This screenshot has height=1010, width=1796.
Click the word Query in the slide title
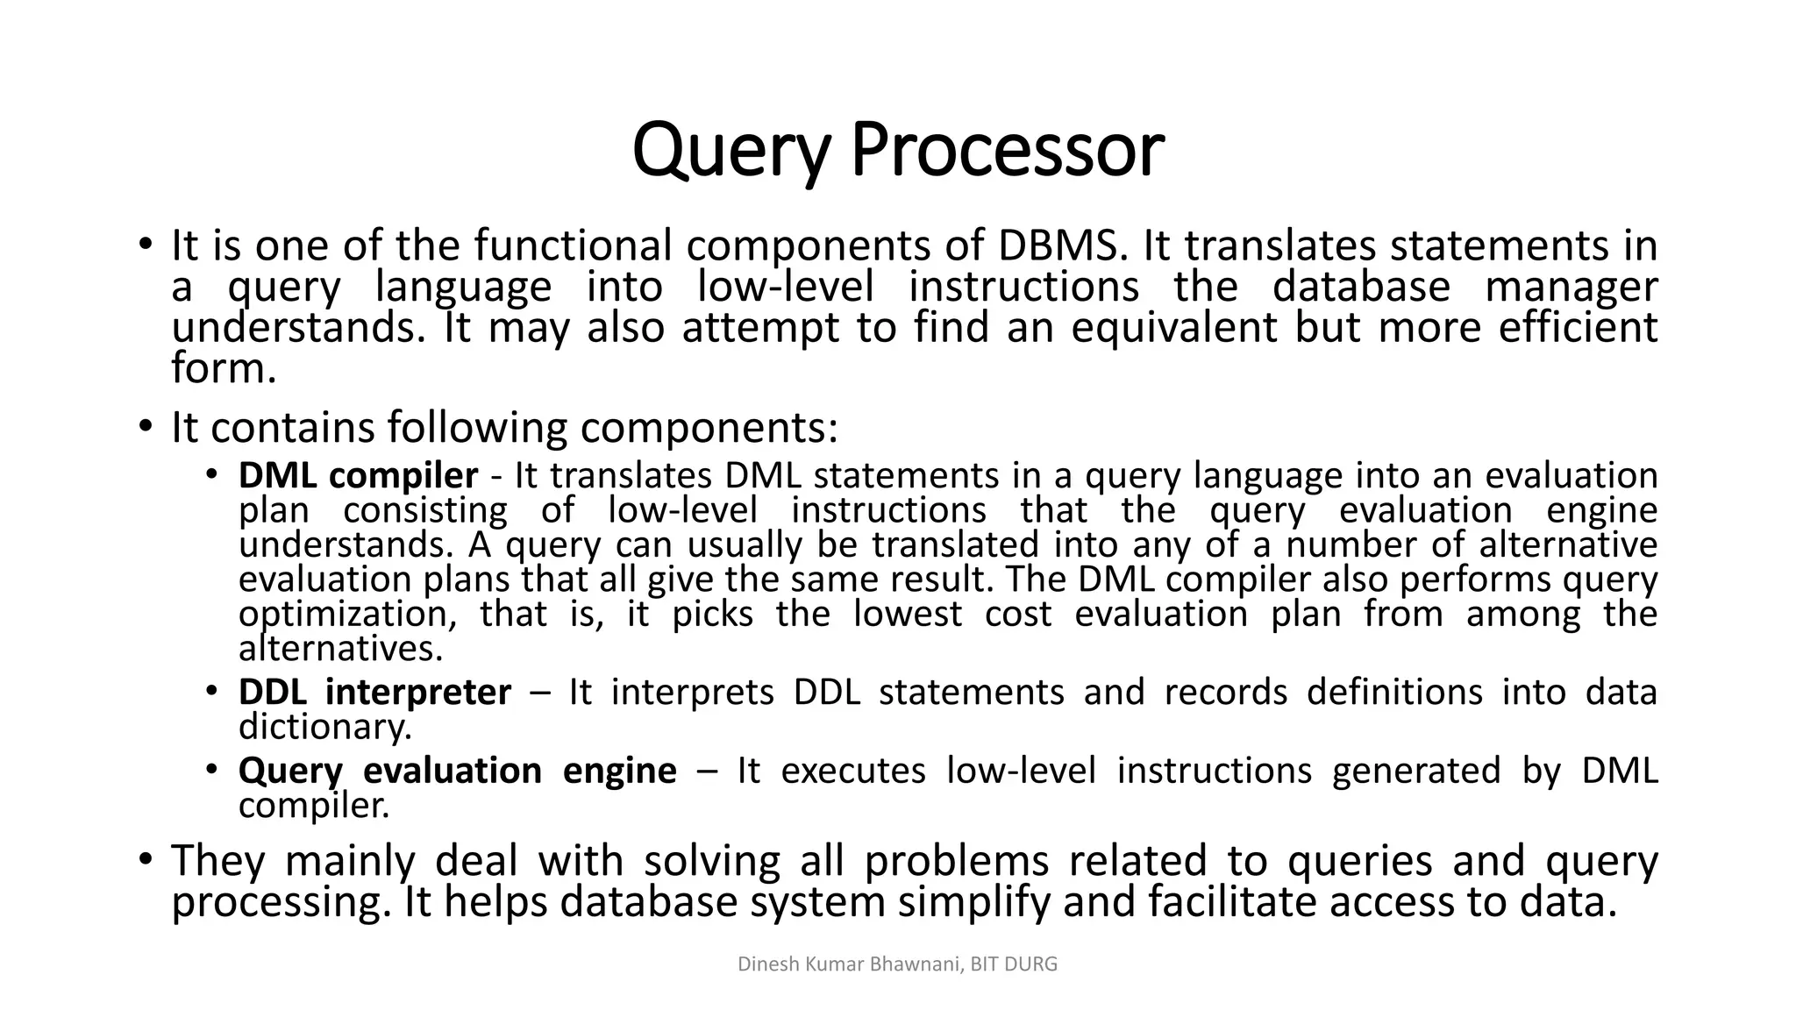pyautogui.click(x=730, y=151)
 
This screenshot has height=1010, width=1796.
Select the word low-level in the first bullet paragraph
pyautogui.click(x=786, y=287)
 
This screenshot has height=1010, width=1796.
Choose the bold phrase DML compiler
pyautogui.click(x=358, y=475)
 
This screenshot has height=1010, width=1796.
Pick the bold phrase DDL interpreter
pyautogui.click(x=374, y=692)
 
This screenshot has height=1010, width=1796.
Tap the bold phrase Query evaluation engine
pyautogui.click(x=457, y=771)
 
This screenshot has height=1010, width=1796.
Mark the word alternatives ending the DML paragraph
pyautogui.click(x=340, y=649)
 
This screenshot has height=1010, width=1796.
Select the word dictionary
pyautogui.click(x=324, y=726)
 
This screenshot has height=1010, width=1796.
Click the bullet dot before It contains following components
pyautogui.click(x=146, y=428)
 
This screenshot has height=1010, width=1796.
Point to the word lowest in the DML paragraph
pyautogui.click(x=908, y=614)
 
